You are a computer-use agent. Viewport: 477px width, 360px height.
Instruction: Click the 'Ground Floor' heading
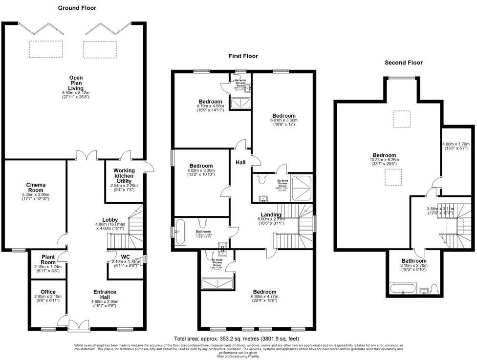77,8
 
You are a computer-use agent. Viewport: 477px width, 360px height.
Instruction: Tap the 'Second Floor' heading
403,63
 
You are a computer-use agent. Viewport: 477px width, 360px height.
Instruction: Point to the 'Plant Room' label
47,257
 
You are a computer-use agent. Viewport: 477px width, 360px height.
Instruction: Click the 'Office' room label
48,292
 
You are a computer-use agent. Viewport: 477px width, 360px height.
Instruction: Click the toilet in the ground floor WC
136,262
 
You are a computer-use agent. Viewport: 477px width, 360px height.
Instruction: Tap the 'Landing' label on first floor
271,215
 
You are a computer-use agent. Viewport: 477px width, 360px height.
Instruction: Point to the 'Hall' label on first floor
241,163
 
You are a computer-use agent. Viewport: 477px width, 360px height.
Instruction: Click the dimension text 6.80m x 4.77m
264,297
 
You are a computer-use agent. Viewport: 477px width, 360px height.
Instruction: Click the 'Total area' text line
237,339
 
